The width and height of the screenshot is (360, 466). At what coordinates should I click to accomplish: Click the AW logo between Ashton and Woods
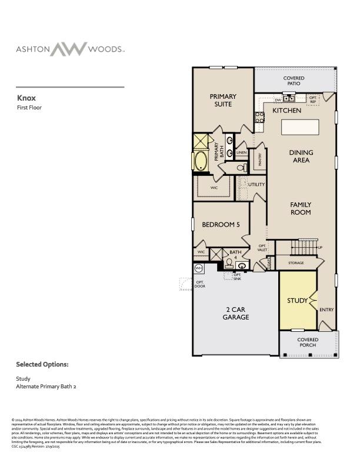point(68,49)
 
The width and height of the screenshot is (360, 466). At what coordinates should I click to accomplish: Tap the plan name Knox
point(27,98)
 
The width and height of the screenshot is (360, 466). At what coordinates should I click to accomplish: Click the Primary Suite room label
point(223,100)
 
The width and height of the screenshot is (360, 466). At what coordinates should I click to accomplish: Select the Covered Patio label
point(294,81)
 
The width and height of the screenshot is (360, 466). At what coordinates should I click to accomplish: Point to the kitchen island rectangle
point(299,127)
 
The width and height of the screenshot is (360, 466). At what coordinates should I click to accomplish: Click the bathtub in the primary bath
point(201,161)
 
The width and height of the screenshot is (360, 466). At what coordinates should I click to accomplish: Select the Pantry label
point(259,159)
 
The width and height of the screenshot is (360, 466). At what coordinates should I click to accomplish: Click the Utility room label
point(256,184)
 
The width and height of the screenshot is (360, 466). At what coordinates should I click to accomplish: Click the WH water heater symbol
point(198,268)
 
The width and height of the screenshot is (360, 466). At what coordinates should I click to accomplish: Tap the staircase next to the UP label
point(305,247)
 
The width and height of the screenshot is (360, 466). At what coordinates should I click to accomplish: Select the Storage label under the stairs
point(296,263)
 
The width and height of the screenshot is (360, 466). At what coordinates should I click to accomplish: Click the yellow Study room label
point(297,301)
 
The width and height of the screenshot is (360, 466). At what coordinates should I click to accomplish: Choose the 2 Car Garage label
point(235,313)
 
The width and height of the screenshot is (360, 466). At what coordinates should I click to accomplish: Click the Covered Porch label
point(307,342)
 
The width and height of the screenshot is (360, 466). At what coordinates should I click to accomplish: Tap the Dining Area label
point(301,156)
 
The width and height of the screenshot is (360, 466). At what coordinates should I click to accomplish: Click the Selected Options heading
point(42,365)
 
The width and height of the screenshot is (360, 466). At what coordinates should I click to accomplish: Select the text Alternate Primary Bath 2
point(46,387)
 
